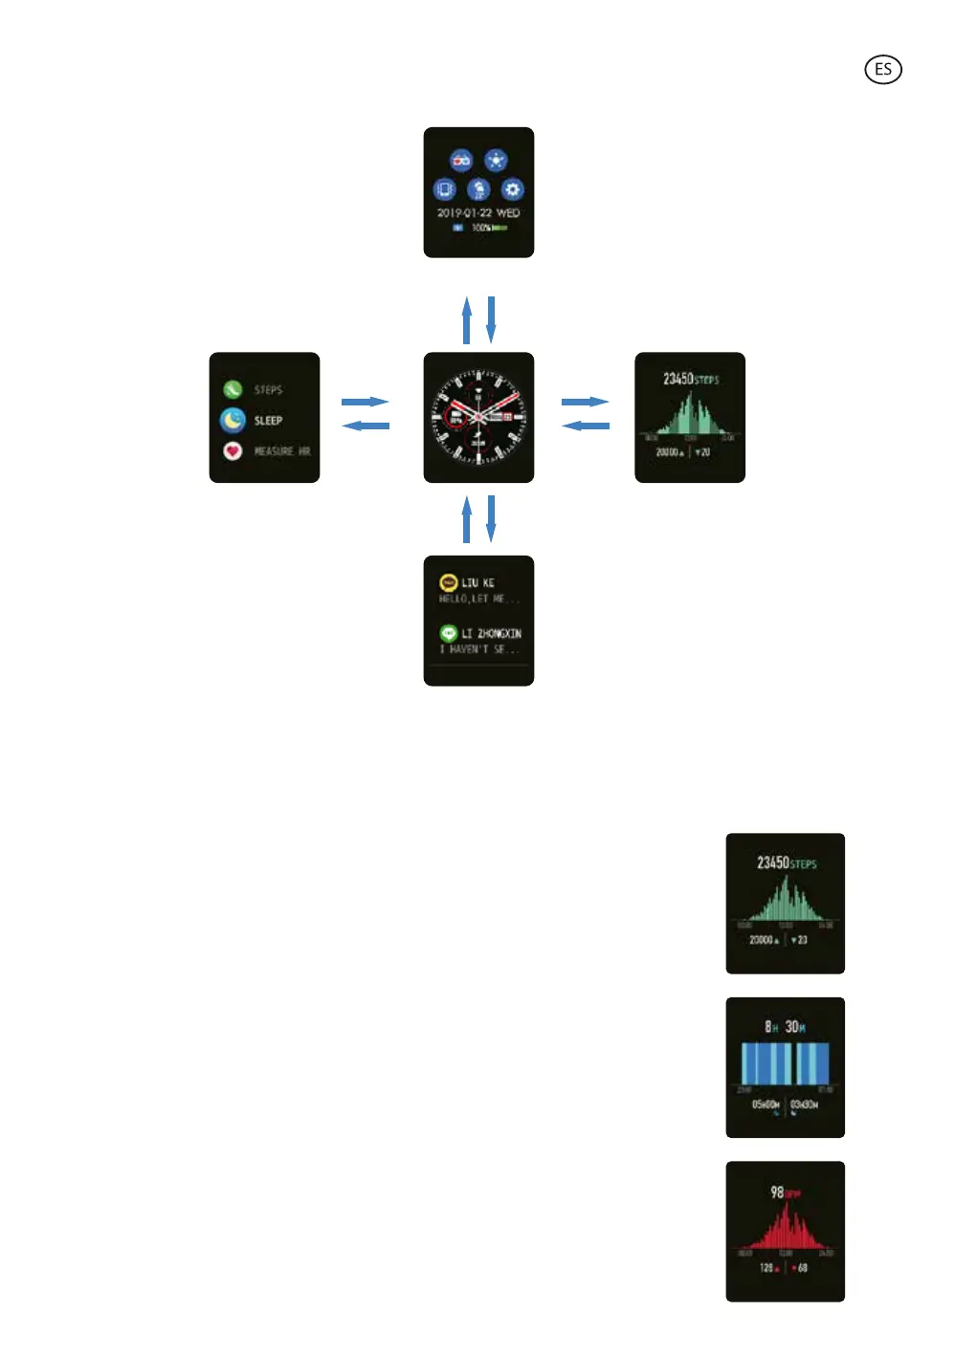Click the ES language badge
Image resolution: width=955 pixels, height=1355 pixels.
coord(882,70)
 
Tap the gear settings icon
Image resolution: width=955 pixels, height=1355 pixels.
coord(512,189)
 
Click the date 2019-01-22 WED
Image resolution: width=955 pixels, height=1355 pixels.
coord(478,213)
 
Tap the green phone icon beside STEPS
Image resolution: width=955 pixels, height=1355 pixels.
coord(233,389)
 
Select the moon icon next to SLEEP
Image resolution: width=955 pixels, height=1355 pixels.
coord(233,420)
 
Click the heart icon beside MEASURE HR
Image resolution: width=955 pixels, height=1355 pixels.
coord(233,450)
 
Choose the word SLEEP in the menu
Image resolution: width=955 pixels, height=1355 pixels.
coord(268,421)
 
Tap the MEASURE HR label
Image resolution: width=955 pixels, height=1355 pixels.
coord(281,451)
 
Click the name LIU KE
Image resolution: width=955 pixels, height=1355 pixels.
coord(477,582)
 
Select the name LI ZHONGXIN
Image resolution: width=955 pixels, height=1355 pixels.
coord(491,633)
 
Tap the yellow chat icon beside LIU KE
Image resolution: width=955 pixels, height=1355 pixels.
coord(448,582)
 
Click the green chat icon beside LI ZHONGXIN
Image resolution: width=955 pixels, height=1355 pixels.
coord(448,633)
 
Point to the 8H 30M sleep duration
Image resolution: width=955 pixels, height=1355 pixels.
coord(785,1027)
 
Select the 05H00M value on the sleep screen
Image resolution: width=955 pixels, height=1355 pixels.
coord(766,1104)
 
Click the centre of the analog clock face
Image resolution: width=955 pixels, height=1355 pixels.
coord(478,417)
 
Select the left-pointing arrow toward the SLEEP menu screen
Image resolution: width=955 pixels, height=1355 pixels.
coord(366,426)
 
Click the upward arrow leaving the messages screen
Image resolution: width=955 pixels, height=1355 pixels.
coord(467,519)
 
